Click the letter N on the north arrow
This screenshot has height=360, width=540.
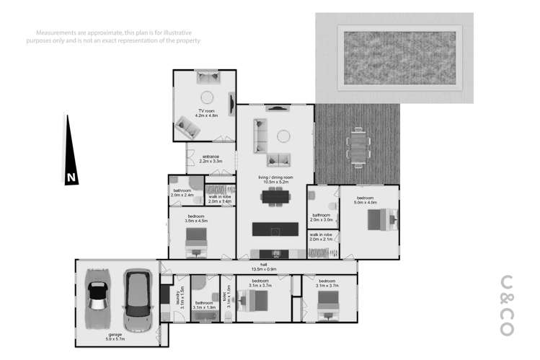point(70,177)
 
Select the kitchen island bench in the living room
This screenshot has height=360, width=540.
point(275,230)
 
